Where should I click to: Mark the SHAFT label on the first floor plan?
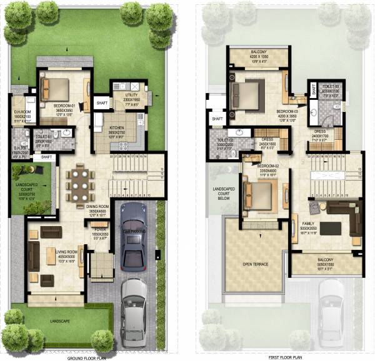click(x=217, y=118)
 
